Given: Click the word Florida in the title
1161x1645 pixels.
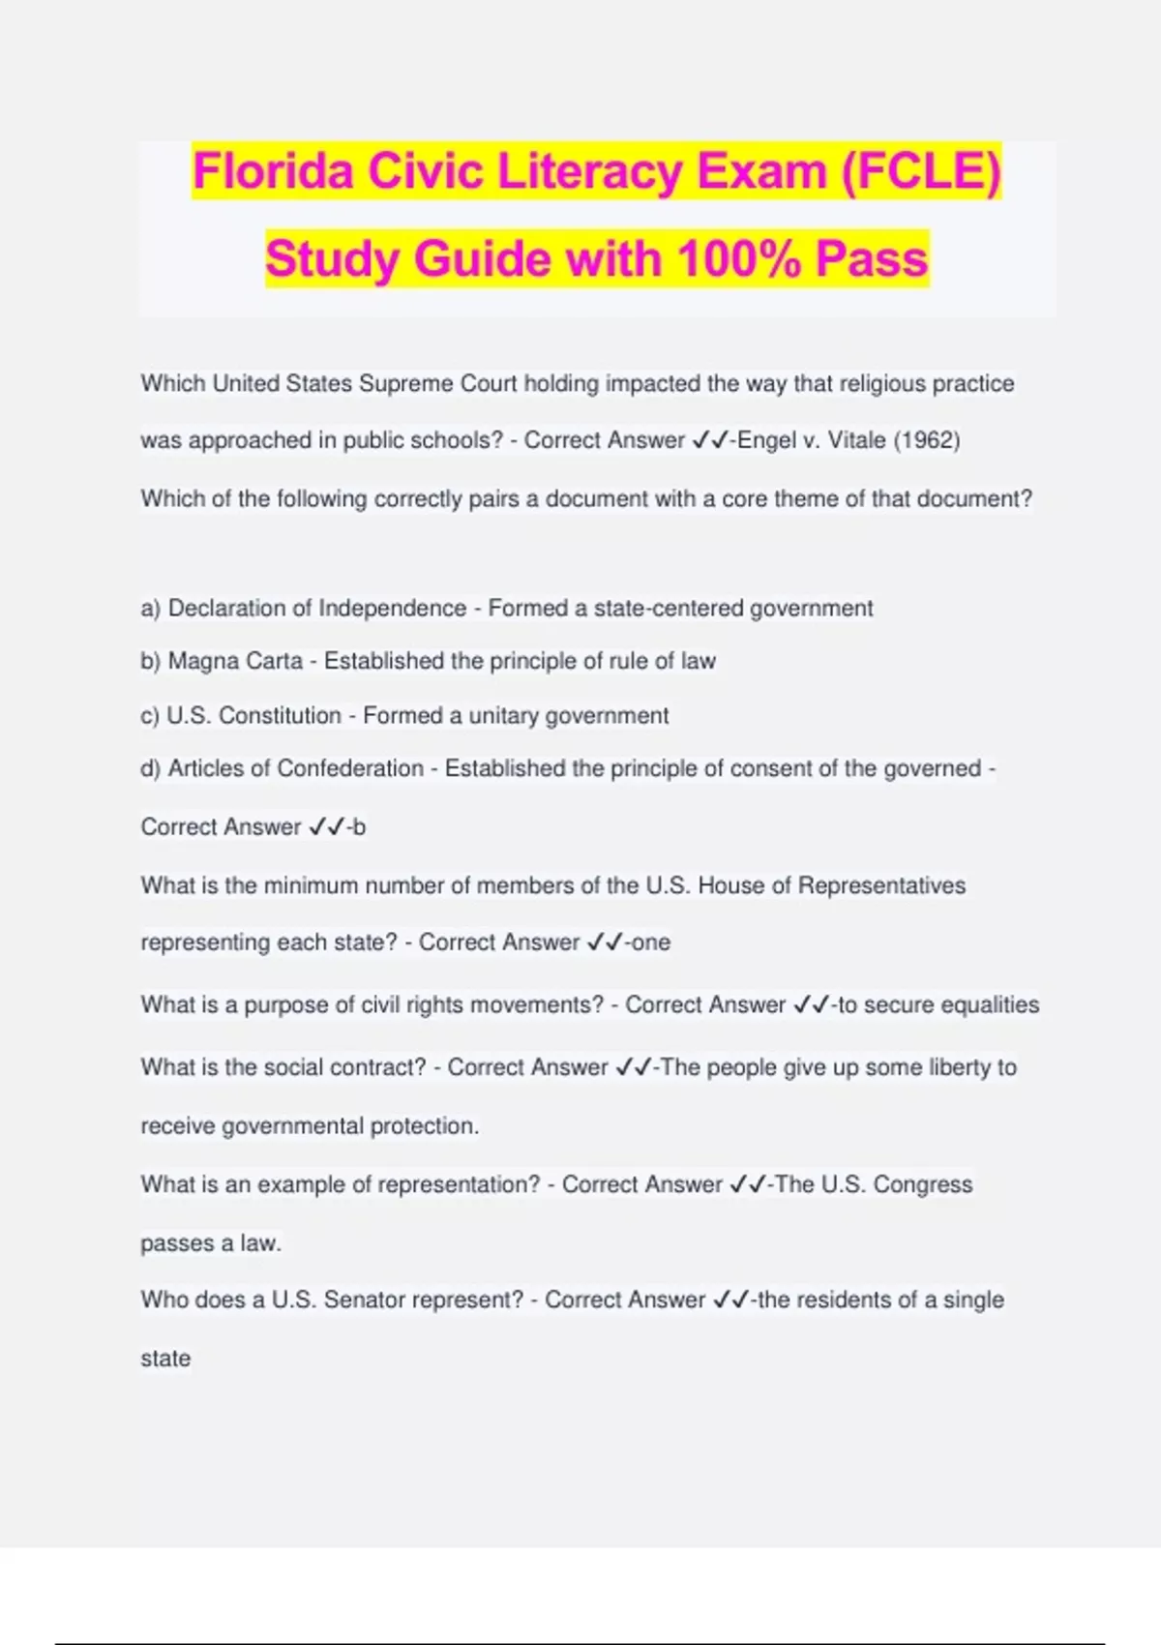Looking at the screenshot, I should [272, 171].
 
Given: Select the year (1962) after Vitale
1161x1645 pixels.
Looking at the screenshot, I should [926, 440].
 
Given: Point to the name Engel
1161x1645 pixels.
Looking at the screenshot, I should [767, 440].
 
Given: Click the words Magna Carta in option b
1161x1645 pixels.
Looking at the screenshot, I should [235, 661].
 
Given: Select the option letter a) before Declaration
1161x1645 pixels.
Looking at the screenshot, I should [150, 609].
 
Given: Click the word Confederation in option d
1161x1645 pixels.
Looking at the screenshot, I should [350, 768].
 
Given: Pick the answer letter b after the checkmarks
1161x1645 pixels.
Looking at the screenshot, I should [359, 827].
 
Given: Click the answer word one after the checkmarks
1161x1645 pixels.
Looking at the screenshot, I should [650, 942].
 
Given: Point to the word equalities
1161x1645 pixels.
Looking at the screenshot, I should [990, 1004].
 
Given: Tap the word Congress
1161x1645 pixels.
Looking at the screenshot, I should [926, 1184].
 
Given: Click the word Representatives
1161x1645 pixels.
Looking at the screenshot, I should [881, 885].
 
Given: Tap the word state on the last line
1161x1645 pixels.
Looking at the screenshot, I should [165, 1359].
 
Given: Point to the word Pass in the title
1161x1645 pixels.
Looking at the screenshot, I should [872, 259].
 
